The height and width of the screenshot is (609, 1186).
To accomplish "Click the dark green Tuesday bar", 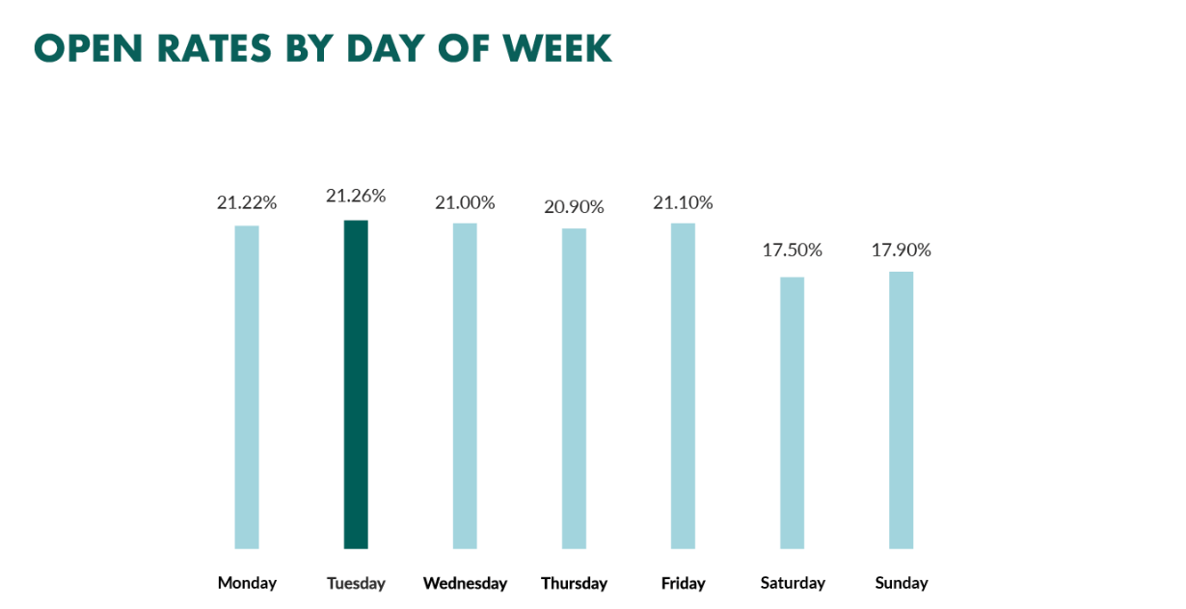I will [x=356, y=385].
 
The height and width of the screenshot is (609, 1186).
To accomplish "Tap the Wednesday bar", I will [x=465, y=386].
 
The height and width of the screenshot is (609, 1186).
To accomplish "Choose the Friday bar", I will [x=683, y=386].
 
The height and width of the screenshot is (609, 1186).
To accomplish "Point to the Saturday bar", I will [x=792, y=413].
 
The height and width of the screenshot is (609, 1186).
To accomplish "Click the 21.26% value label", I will [x=356, y=197].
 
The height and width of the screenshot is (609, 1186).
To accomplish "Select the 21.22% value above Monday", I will [x=247, y=203].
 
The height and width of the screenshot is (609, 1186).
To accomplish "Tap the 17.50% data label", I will [x=792, y=251].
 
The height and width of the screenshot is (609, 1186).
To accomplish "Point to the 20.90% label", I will [x=574, y=207].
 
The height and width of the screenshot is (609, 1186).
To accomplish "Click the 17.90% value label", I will [x=901, y=251].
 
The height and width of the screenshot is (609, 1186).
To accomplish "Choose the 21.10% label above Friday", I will [x=683, y=202].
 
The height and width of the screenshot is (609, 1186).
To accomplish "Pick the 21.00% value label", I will [x=465, y=202].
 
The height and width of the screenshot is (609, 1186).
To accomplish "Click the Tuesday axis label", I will [x=356, y=583].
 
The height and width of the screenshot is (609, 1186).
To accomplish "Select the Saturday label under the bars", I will [x=793, y=583].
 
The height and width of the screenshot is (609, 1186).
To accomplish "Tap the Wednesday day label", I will [x=465, y=583].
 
